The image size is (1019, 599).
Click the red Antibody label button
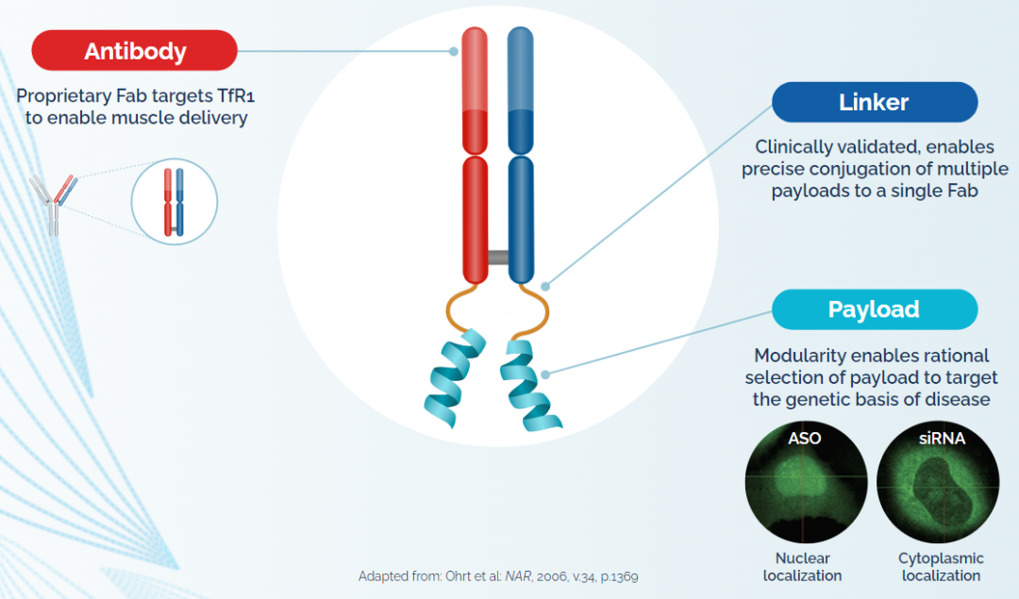click(134, 50)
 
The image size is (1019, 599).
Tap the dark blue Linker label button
click(874, 102)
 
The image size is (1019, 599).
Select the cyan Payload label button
click(874, 308)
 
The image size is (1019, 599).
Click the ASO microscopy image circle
click(805, 483)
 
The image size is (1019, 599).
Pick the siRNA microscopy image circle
click(937, 483)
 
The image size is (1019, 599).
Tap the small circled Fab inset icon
click(174, 200)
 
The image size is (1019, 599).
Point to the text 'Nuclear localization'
click(802, 566)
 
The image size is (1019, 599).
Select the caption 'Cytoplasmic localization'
click(941, 566)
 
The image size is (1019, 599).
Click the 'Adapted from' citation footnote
click(504, 576)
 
